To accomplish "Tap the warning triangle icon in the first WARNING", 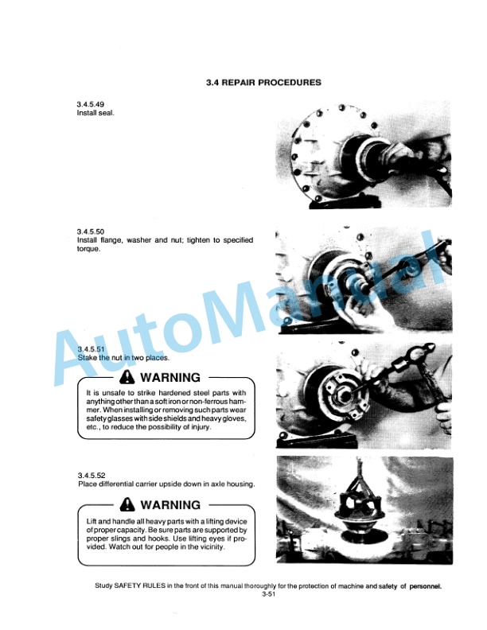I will click(127, 377).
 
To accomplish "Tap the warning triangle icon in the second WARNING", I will click(127, 504).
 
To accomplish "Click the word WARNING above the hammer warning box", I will click(170, 377).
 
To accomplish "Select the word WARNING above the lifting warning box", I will click(170, 504).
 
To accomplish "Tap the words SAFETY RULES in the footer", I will click(138, 585).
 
